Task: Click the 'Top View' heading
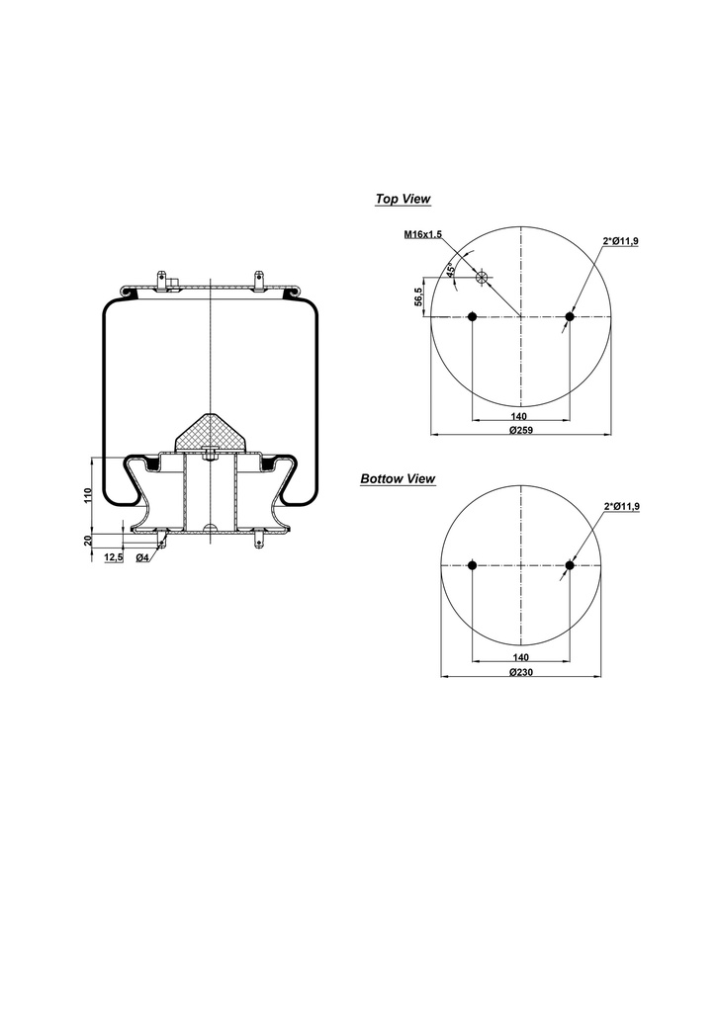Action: [x=403, y=199]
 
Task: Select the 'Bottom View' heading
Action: [x=398, y=478]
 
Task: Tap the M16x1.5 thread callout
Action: [x=422, y=234]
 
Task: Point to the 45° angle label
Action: [x=451, y=270]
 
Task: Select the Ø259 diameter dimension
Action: [x=521, y=431]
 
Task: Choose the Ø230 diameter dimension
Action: [x=521, y=672]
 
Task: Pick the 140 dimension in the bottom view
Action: [x=521, y=657]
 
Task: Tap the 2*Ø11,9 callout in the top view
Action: [x=620, y=241]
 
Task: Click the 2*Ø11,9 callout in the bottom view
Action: [x=621, y=506]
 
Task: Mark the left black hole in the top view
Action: [x=472, y=316]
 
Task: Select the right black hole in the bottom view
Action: [x=570, y=565]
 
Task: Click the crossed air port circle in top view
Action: [x=483, y=278]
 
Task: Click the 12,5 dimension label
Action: [x=113, y=558]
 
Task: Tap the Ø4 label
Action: [x=142, y=558]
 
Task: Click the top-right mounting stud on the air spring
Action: [x=259, y=279]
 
